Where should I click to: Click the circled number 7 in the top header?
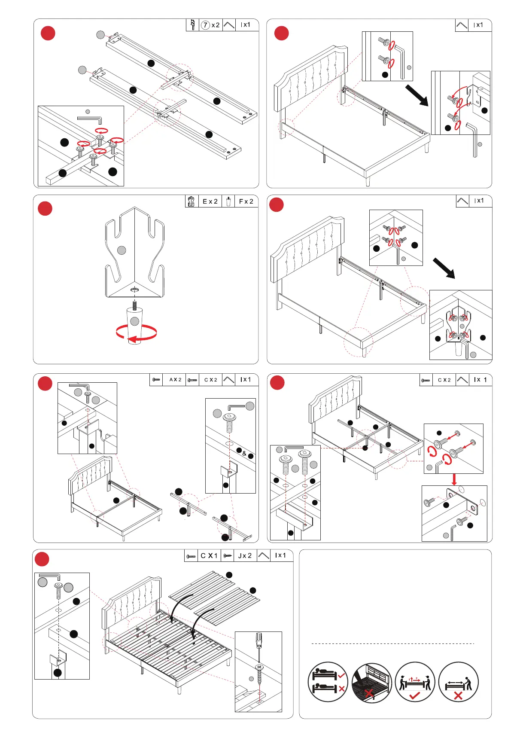[206, 25]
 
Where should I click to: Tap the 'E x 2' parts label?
[210, 201]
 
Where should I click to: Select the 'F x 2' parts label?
[246, 201]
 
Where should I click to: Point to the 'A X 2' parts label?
[175, 380]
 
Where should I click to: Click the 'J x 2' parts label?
[245, 555]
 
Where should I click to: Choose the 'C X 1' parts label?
[209, 555]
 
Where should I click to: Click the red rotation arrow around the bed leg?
[136, 333]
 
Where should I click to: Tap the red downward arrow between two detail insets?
[454, 479]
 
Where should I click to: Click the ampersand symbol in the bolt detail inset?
[244, 453]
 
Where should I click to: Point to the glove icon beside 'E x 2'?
[192, 201]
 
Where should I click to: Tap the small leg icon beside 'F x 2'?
[228, 201]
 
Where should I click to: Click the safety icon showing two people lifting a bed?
[414, 682]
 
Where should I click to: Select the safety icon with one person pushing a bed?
[458, 682]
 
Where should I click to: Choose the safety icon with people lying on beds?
[328, 682]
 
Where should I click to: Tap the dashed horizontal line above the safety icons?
[392, 643]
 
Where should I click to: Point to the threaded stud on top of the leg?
[135, 305]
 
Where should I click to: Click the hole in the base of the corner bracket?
[135, 290]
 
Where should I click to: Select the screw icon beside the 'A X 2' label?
[156, 380]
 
